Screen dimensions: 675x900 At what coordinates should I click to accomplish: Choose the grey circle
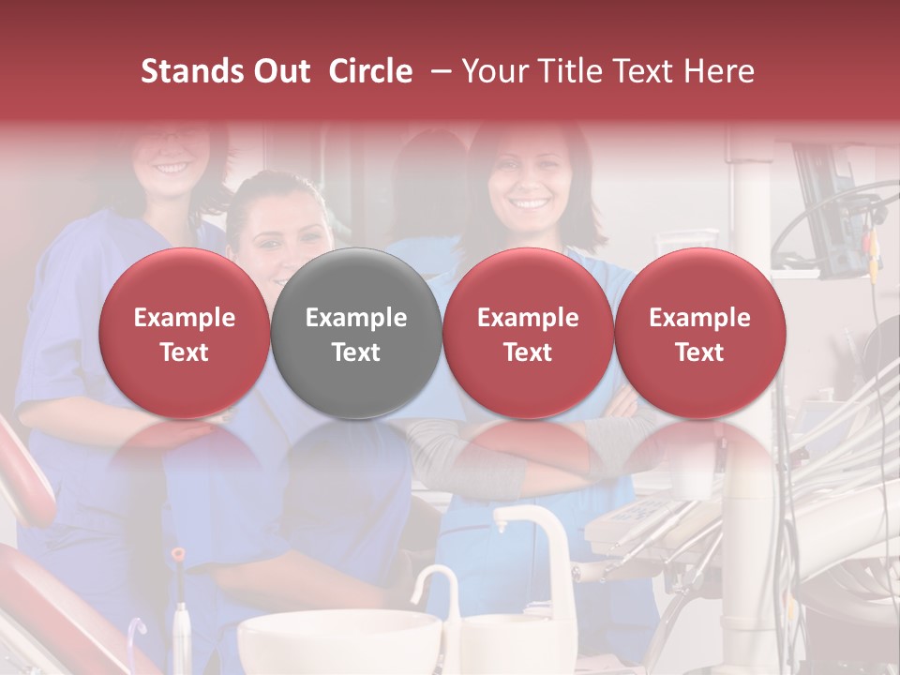(355, 334)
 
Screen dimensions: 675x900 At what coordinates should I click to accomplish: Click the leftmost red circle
(184, 334)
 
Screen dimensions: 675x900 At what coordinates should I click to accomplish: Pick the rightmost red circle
(699, 334)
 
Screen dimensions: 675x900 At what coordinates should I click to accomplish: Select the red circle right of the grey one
(528, 334)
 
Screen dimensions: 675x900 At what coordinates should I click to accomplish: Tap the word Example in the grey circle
(355, 318)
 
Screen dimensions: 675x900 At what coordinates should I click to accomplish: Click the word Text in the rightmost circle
(699, 352)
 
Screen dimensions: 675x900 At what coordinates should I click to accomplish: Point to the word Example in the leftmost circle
(184, 318)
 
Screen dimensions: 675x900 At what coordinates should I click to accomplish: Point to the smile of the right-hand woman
(531, 202)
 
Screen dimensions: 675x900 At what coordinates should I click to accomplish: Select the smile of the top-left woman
(172, 168)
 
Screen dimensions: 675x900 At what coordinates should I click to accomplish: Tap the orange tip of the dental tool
(177, 555)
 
